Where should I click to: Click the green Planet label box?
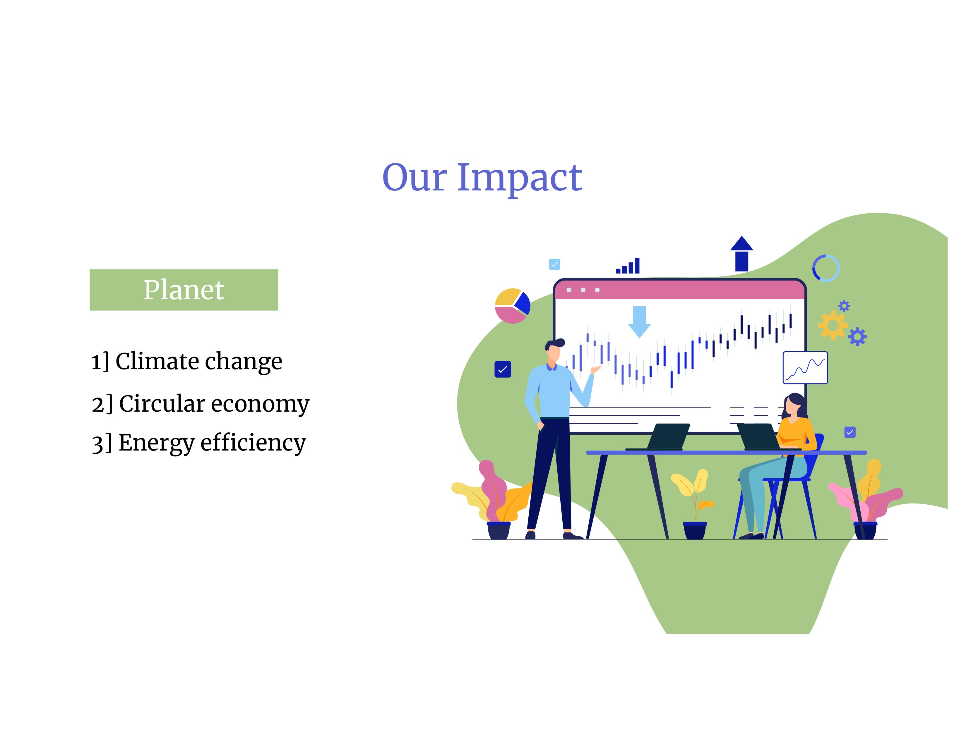point(184,290)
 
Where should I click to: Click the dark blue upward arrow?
point(742,254)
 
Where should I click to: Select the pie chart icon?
point(512,306)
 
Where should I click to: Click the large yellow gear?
point(833,325)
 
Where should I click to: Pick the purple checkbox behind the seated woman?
point(850,432)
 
